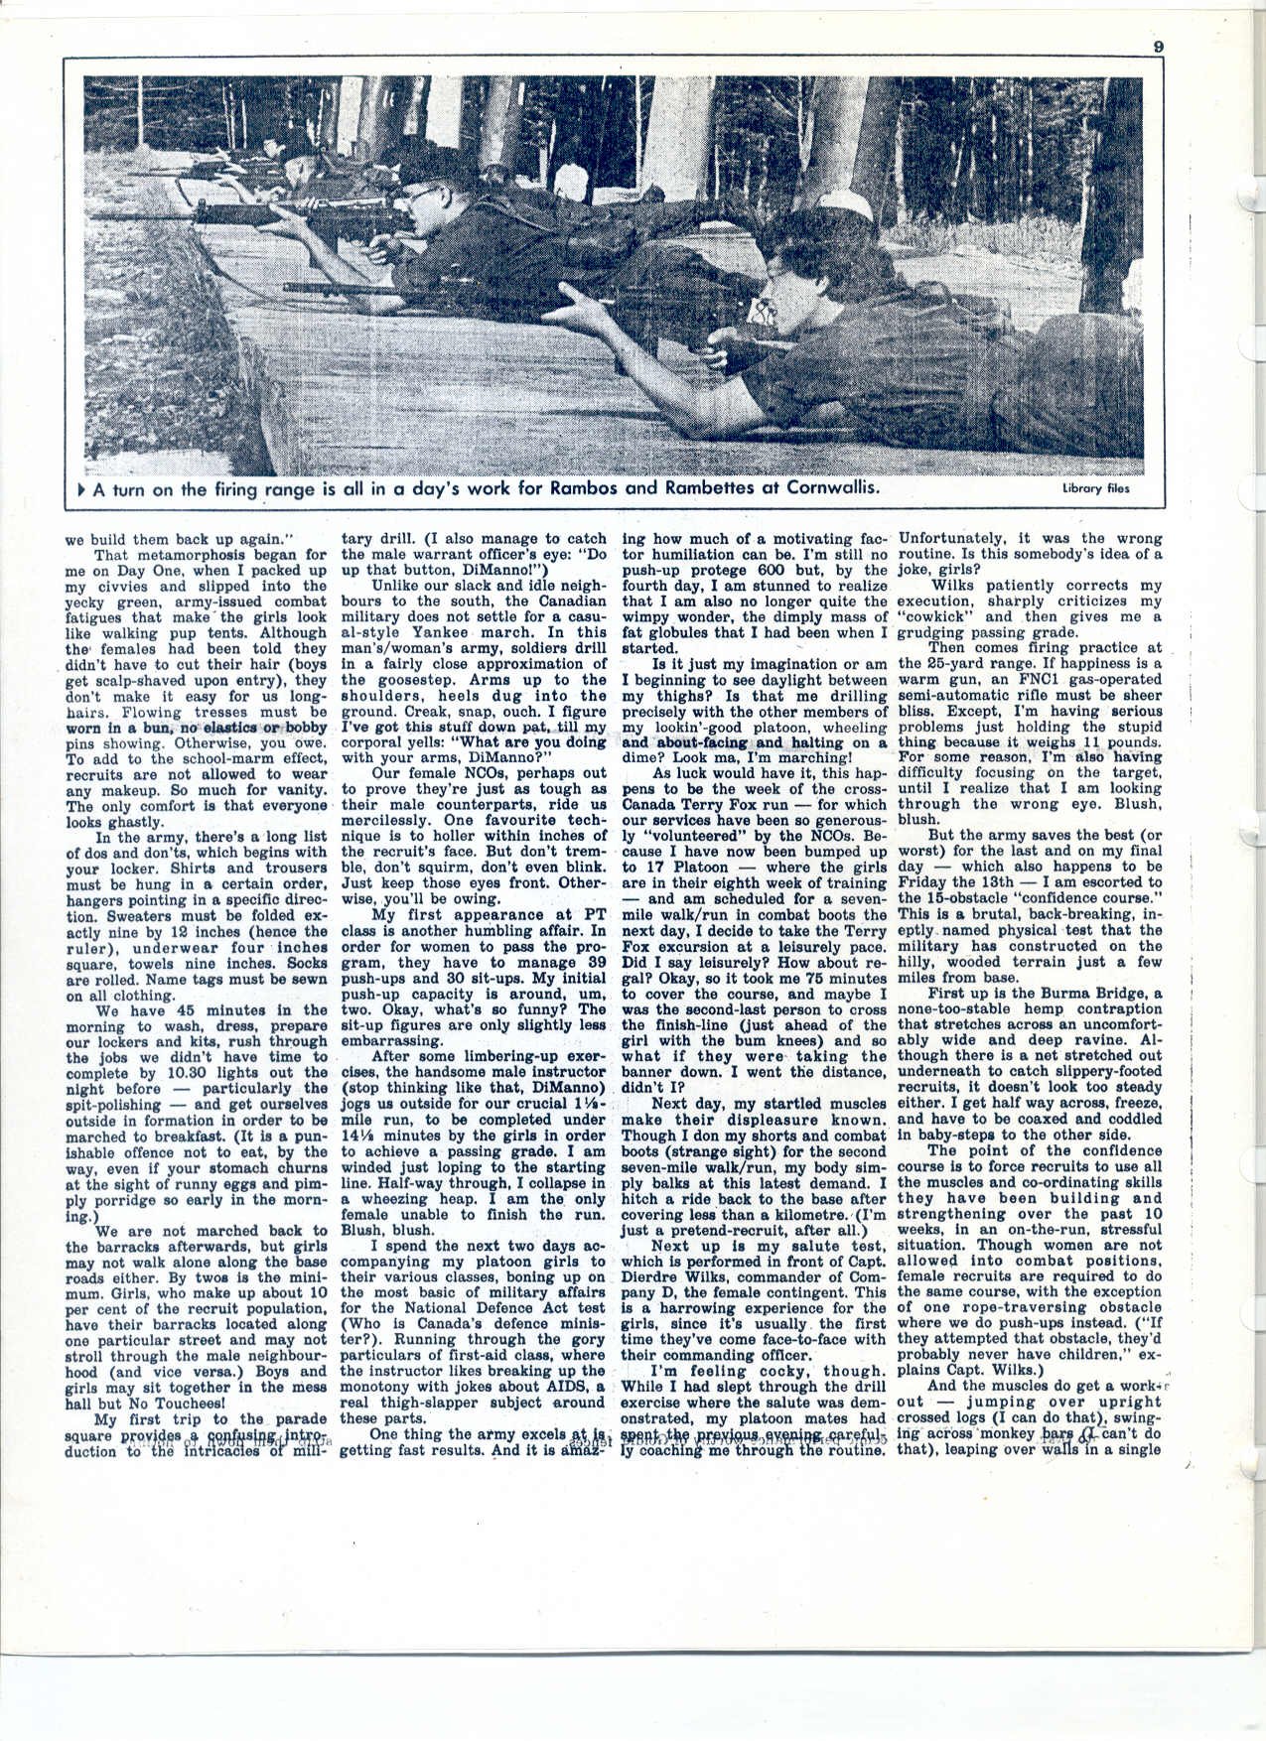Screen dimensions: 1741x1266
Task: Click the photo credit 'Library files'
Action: pyautogui.click(x=1094, y=488)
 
